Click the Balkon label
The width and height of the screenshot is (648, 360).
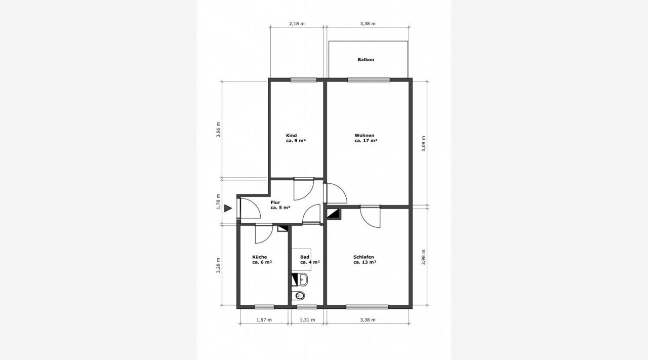click(366, 60)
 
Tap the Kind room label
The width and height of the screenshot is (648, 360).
click(296, 138)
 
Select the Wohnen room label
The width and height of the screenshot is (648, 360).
click(366, 138)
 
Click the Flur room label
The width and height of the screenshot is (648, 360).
click(280, 205)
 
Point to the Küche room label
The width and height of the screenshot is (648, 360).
click(262, 260)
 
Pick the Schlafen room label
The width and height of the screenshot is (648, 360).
click(364, 260)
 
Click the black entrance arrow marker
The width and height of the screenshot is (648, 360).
click(228, 208)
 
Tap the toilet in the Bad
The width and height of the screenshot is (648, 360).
click(298, 296)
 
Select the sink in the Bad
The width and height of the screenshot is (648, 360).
click(303, 279)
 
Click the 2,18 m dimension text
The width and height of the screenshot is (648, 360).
click(297, 24)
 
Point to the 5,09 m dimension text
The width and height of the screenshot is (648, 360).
click(424, 144)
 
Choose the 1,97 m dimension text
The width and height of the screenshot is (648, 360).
click(264, 320)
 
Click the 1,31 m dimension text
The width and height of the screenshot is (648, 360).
click(307, 320)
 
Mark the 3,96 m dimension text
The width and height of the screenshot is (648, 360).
click(218, 130)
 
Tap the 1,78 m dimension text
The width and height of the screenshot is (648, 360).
click(218, 202)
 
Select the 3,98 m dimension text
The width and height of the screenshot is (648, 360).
click(424, 257)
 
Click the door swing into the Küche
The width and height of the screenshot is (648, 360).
click(268, 237)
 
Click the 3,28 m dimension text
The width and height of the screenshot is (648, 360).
click(218, 265)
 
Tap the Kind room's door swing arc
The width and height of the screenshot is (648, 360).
click(308, 194)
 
